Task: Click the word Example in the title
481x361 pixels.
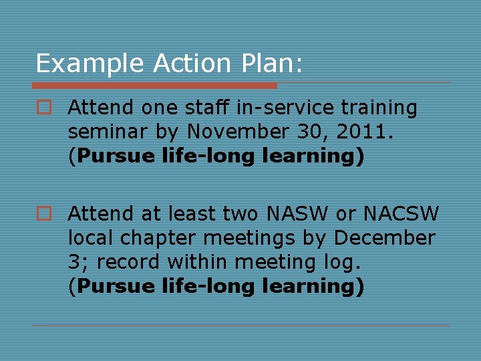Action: [90, 64]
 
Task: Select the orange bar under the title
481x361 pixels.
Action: [154, 86]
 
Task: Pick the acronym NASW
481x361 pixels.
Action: [297, 214]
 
